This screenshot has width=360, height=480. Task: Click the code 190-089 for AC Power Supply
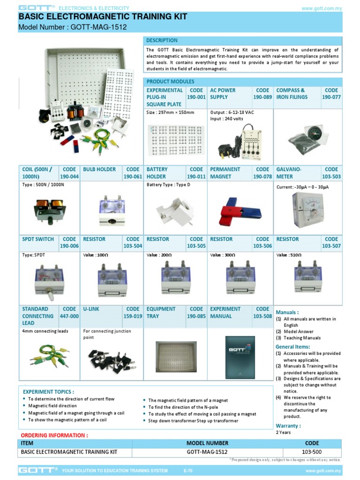pyautogui.click(x=262, y=97)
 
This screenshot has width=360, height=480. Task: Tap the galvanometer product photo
pyautogui.click(x=307, y=210)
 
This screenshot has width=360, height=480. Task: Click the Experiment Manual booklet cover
pyautogui.click(x=240, y=357)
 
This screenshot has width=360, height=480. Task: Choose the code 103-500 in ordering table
pyautogui.click(x=312, y=452)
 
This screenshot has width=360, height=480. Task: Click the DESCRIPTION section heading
pyautogui.click(x=162, y=40)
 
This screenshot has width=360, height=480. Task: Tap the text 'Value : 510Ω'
pyautogui.click(x=290, y=255)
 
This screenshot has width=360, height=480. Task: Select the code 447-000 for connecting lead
pyautogui.click(x=69, y=316)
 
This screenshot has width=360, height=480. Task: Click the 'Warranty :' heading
pyautogui.click(x=288, y=426)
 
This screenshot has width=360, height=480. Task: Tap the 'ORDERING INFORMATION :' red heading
pyautogui.click(x=54, y=435)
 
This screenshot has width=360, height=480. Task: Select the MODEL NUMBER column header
pyautogui.click(x=207, y=443)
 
